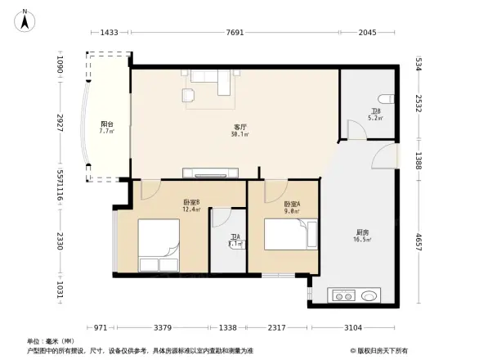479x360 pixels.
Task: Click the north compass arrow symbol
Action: click(x=26, y=19)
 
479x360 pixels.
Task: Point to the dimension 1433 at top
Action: click(x=110, y=33)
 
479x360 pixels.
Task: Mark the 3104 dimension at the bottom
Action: click(x=353, y=327)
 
